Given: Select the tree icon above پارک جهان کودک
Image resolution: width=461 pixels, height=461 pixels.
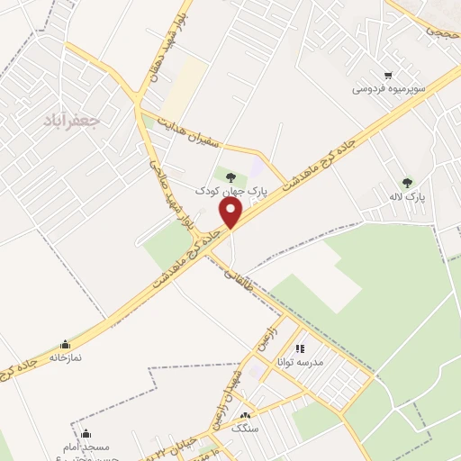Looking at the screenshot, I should coord(231,177).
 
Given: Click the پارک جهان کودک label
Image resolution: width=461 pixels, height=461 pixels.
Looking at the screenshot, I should coord(232,192).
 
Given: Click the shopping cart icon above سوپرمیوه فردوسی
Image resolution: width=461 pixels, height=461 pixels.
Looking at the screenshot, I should coord(388,76).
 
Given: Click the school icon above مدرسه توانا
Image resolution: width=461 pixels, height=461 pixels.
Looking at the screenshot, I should coord(300,348).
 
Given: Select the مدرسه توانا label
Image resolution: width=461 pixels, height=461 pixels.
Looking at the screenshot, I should coord(305,362).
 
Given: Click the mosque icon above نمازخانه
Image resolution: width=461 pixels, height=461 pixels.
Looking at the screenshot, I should coord(65,344).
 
